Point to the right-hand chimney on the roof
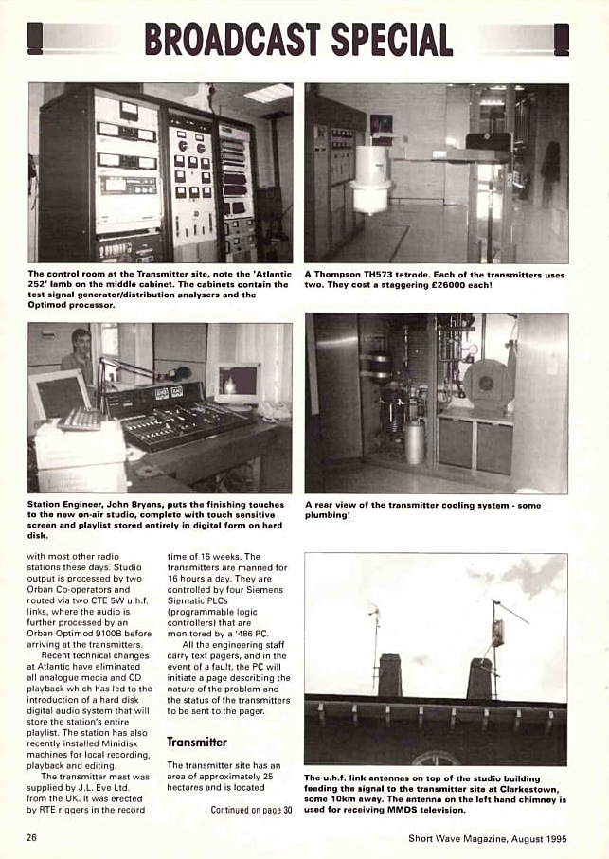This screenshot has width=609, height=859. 481,678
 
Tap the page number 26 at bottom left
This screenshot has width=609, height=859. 32,838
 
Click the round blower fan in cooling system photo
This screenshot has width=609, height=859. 486,382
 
